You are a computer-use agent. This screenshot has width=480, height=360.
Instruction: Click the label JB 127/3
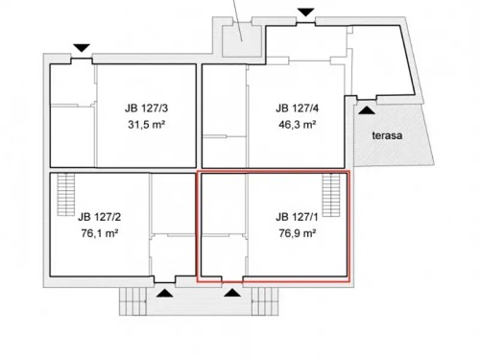[x=145, y=108]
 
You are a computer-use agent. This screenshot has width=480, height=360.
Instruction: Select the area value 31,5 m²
[x=145, y=124]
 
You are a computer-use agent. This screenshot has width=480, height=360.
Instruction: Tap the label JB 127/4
[x=296, y=108]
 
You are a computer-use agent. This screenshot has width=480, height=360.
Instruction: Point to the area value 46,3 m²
[x=296, y=124]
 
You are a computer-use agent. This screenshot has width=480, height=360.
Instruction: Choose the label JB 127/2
[x=99, y=216]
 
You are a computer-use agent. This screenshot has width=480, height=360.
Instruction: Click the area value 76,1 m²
[x=99, y=232]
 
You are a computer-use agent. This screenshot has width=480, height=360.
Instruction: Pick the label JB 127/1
[x=296, y=216]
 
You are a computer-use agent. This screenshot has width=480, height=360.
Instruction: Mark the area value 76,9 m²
[x=296, y=232]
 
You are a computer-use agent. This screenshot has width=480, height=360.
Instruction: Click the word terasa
[x=388, y=135]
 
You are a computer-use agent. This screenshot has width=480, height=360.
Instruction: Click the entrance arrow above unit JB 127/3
[x=82, y=47]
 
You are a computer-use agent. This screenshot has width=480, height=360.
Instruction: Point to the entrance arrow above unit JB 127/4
[x=305, y=12]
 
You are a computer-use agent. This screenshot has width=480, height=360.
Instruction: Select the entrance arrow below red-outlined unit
[x=231, y=292]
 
